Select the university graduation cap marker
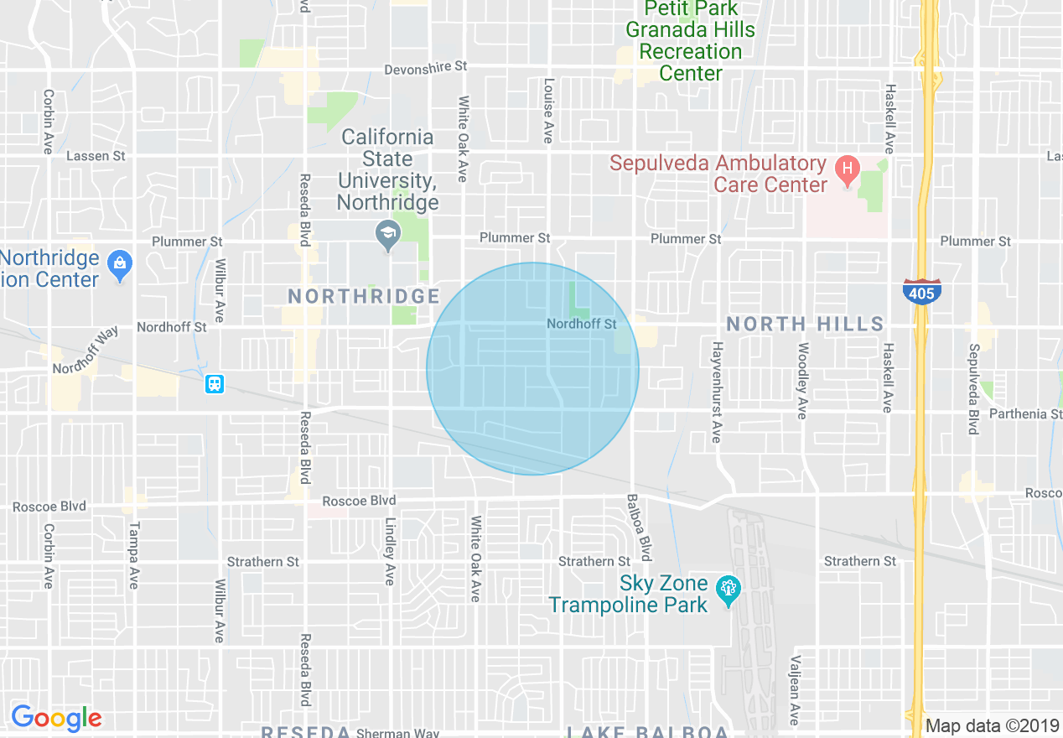point(387,236)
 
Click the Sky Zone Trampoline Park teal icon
point(727,592)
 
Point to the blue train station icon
point(215,384)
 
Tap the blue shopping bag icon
point(121,267)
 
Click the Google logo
point(56,718)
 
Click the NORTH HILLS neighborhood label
point(805,324)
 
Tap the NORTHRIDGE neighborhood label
point(364,296)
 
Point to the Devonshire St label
point(425,68)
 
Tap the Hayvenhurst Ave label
point(717,392)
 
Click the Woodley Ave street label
point(802,381)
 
